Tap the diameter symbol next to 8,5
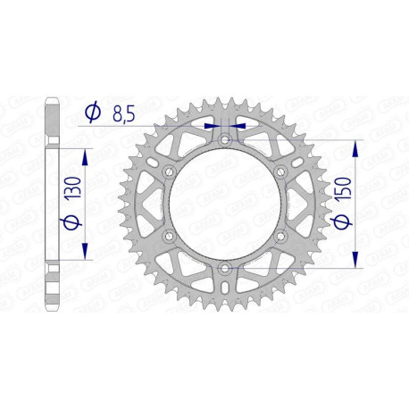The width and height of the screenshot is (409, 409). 92,113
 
